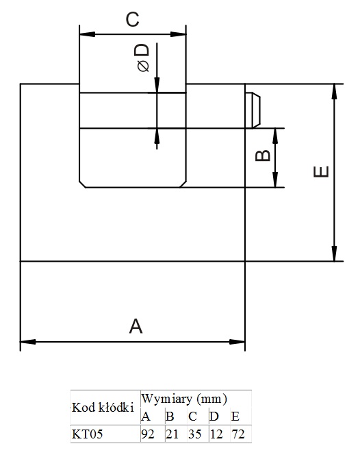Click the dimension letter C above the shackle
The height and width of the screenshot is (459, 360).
pyautogui.click(x=133, y=20)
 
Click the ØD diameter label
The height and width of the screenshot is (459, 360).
pyautogui.click(x=142, y=58)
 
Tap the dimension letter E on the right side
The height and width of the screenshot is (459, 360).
pyautogui.click(x=321, y=171)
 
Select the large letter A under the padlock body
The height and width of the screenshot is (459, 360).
pyautogui.click(x=136, y=326)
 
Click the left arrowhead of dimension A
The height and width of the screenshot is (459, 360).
pyautogui.click(x=27, y=342)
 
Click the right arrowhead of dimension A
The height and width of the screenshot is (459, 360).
pyautogui.click(x=237, y=342)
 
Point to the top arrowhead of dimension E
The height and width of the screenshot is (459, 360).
pyautogui.click(x=335, y=92)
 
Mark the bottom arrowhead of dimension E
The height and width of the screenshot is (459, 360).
pyautogui.click(x=335, y=253)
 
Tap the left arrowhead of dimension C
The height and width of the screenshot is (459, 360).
pyautogui.click(x=87, y=34)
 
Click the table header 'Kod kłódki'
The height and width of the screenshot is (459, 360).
pyautogui.click(x=103, y=408)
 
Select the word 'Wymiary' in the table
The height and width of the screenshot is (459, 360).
pyautogui.click(x=167, y=399)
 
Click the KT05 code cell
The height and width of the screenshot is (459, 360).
pyautogui.click(x=87, y=434)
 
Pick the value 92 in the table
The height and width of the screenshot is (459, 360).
pyautogui.click(x=147, y=434)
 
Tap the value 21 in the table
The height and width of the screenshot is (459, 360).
pyautogui.click(x=172, y=434)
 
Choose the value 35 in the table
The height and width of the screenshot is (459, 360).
pyautogui.click(x=195, y=434)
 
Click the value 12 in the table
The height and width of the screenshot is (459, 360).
pyautogui.click(x=216, y=434)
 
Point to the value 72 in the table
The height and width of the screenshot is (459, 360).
pyautogui.click(x=237, y=434)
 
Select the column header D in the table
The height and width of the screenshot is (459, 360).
pyautogui.click(x=214, y=417)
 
